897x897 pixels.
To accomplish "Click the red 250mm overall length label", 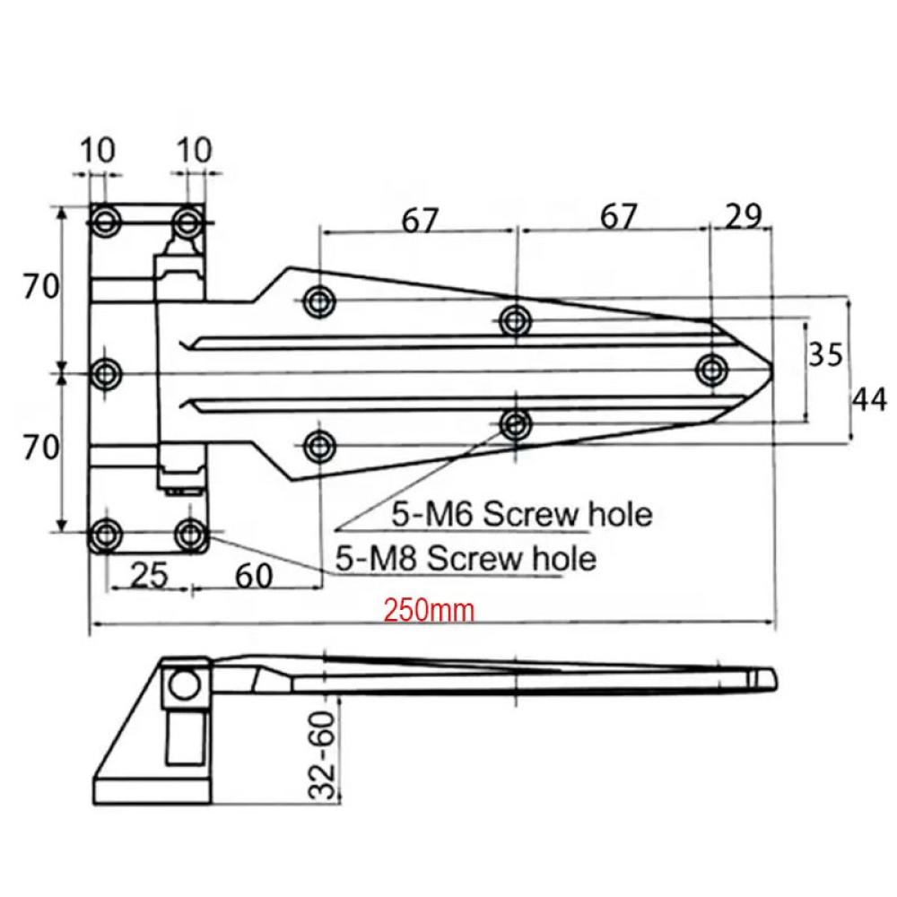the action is point(429,610).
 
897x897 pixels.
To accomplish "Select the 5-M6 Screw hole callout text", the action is point(522,514).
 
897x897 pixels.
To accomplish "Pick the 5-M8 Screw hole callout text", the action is point(466,558).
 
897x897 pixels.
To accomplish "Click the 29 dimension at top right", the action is point(743,216).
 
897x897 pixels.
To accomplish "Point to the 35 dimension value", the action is point(825,354).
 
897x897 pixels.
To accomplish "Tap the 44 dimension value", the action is point(870,399).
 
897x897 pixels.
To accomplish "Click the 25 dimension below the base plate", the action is point(149,575).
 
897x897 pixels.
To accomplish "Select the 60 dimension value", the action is point(254,576).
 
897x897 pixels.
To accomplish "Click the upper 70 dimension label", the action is point(40,286).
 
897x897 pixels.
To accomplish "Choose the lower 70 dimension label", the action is point(40,447).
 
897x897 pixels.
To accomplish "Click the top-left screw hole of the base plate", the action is point(105,222).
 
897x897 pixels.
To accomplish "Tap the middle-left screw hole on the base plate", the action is point(105,375).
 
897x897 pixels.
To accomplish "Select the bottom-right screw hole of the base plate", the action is point(189,535).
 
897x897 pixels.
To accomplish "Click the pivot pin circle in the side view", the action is point(184,684).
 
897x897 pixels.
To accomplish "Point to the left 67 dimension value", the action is point(420,221).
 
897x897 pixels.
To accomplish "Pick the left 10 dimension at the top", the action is point(97,150).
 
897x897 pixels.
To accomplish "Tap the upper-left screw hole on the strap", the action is point(319,301).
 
